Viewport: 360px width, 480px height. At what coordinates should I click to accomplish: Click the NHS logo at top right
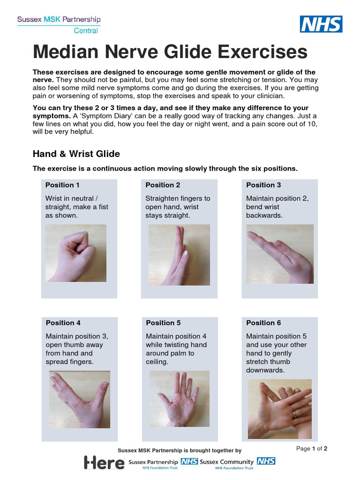click(321, 24)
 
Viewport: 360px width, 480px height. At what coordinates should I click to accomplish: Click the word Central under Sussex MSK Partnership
click(86, 31)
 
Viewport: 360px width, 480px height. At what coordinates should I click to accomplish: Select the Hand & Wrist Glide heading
click(76, 154)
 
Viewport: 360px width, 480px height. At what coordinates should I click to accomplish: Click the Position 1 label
click(62, 185)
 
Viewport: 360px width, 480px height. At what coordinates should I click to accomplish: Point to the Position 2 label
click(163, 185)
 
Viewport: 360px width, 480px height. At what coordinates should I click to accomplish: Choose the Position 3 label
click(263, 185)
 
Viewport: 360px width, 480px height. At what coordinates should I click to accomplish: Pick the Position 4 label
click(63, 322)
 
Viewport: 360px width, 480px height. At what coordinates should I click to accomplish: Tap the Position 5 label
click(163, 322)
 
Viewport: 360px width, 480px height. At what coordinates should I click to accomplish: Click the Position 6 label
click(263, 322)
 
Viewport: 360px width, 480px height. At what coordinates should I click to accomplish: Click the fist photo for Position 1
click(75, 253)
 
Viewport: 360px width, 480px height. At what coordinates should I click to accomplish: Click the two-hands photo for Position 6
click(280, 402)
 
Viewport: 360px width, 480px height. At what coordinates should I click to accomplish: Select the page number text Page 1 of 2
click(312, 449)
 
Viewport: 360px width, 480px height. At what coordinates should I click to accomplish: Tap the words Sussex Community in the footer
click(226, 462)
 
